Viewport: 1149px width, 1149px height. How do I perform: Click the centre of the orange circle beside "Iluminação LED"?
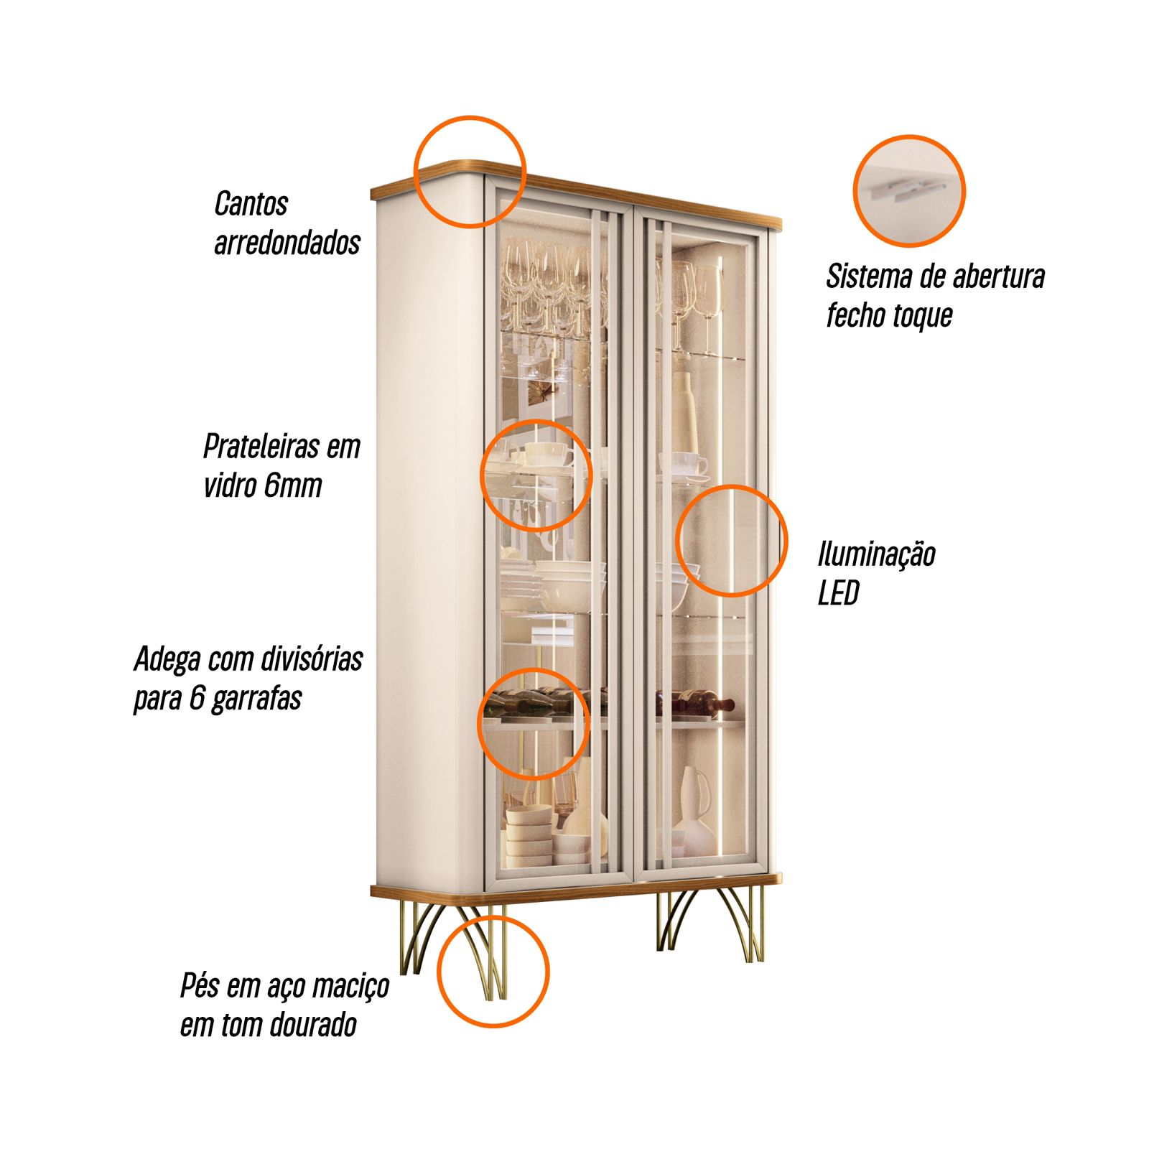point(732,541)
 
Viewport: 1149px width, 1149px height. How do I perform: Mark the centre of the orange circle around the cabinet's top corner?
point(470,172)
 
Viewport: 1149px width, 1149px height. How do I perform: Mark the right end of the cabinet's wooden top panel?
point(781,223)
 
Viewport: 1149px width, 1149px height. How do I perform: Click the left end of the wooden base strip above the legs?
point(372,891)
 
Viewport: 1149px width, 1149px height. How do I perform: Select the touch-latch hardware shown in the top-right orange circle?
point(906,190)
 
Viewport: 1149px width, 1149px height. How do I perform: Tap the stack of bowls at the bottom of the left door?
point(529,837)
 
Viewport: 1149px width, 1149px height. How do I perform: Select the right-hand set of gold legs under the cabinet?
point(710,923)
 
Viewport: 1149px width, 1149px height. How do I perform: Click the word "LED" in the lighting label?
point(838,593)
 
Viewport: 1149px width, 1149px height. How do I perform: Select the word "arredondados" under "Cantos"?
point(287,243)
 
